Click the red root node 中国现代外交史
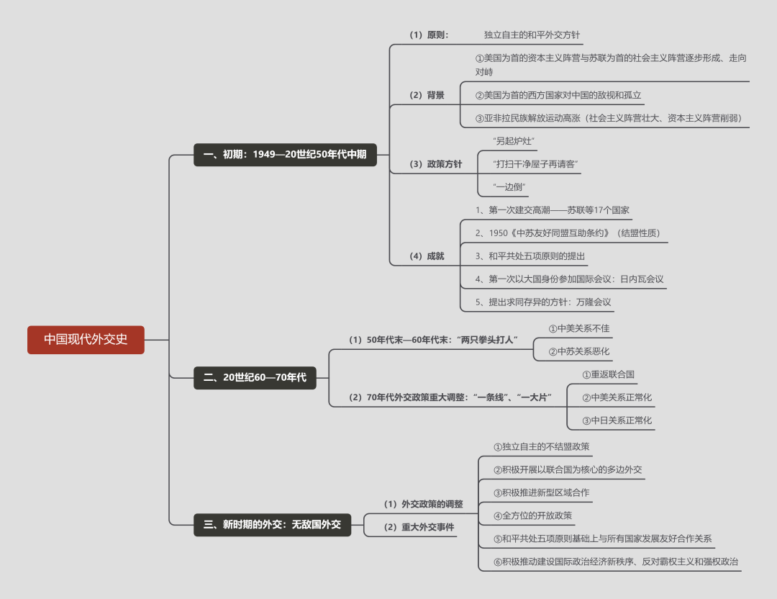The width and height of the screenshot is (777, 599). pos(86,339)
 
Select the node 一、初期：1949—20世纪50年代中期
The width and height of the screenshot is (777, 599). pos(285,154)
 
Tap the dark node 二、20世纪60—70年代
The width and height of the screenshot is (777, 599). pos(255,377)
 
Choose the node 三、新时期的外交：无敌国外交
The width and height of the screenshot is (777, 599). pos(272,525)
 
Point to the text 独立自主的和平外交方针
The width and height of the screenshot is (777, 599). pos(532,35)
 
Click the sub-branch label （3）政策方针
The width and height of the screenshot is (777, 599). pos(435,164)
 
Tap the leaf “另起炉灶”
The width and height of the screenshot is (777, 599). pos(514,141)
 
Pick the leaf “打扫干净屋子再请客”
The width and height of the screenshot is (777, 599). pos(535,164)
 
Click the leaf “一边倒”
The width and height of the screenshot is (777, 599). pos(509,187)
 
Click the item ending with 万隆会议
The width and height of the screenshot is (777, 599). pos(543,302)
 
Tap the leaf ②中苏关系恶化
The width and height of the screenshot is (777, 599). pos(578,351)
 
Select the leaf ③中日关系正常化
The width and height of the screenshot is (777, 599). pos(617,420)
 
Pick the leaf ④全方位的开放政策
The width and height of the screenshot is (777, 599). pos(532,515)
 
